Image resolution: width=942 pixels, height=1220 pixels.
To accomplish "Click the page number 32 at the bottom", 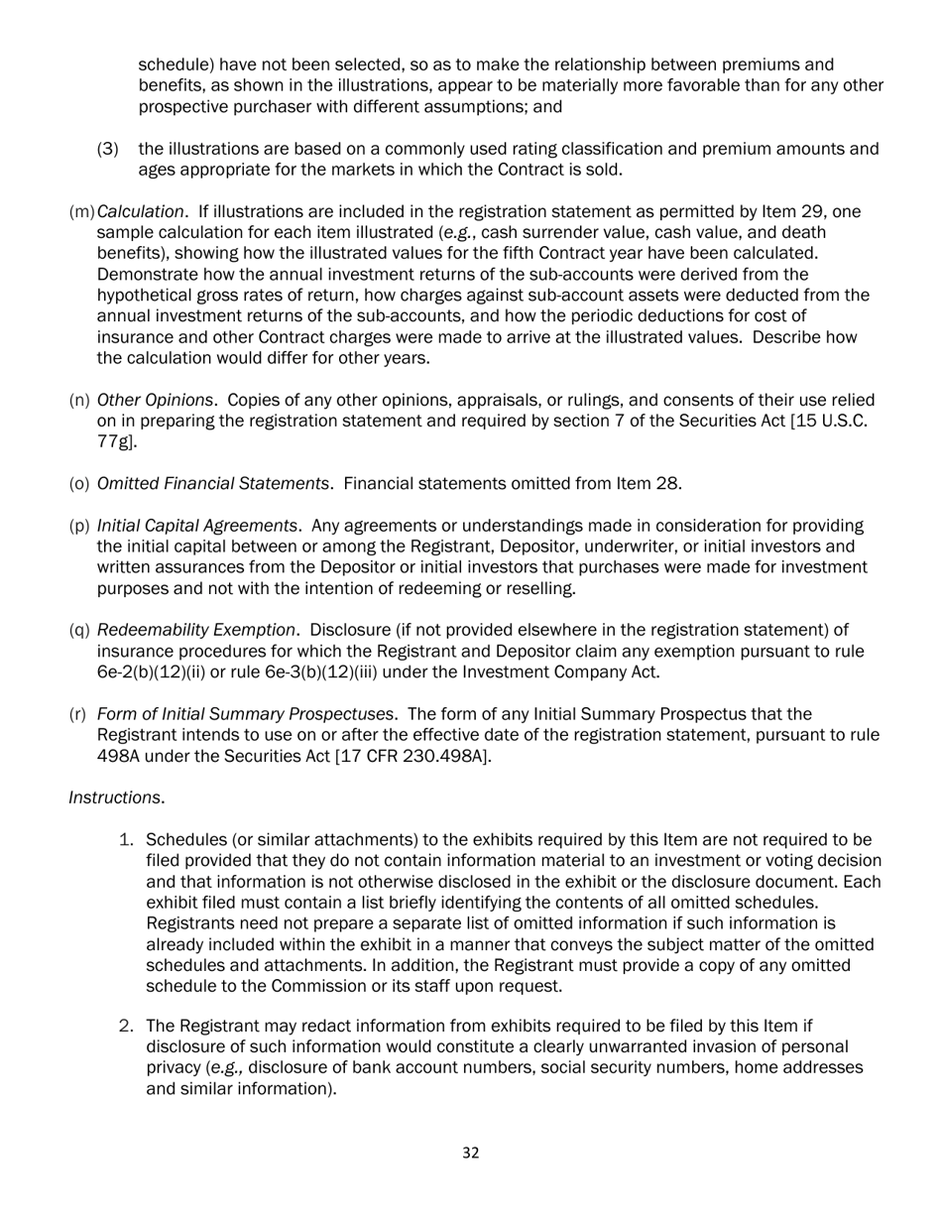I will point(471,1153).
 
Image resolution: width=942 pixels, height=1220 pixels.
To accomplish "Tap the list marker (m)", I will point(81,211).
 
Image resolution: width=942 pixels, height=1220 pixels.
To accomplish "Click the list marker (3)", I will point(108,149).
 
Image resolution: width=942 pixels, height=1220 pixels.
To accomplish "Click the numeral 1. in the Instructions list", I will point(126,840).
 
